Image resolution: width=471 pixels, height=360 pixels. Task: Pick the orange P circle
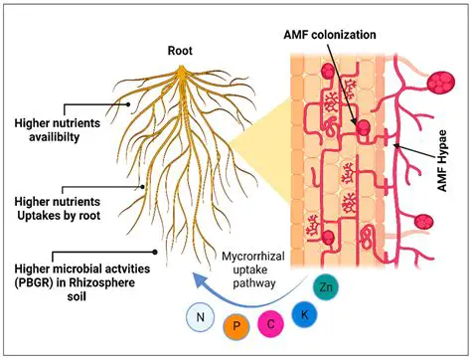click(235, 327)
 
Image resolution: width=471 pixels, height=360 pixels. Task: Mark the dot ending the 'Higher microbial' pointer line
click(151, 253)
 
